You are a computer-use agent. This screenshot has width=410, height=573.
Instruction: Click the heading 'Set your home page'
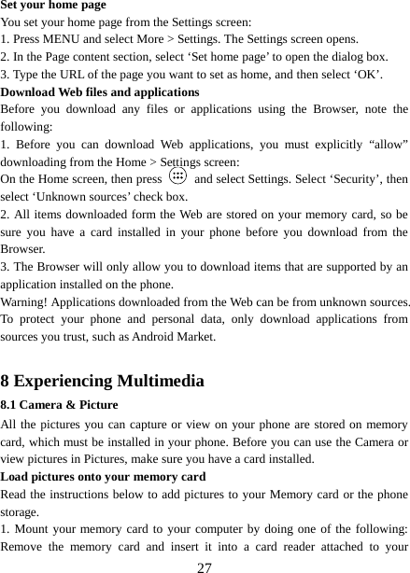53,6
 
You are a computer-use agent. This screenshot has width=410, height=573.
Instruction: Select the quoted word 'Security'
332,179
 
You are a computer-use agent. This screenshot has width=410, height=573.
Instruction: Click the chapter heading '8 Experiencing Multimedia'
103,381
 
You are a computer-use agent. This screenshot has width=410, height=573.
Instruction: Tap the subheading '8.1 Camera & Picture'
60,406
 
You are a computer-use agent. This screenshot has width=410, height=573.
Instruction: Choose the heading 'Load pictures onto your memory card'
103,476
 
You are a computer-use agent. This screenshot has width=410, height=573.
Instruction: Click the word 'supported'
336,269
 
